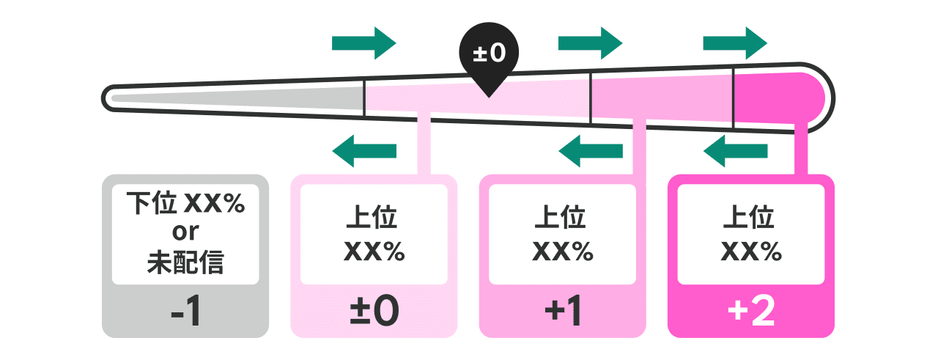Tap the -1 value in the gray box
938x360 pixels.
[185, 312]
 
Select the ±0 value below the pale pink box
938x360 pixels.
[374, 312]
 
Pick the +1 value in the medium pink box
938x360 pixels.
[562, 312]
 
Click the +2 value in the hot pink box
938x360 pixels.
[751, 312]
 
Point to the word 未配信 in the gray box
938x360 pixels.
[185, 262]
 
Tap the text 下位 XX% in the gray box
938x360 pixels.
[185, 203]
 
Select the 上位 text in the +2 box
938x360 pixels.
[751, 218]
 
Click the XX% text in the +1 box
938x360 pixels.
[562, 251]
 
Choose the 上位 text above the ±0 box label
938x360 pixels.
[374, 218]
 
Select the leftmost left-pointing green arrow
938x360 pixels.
[364, 151]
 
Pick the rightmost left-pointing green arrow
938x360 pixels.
[735, 151]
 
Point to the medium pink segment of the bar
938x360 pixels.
[660, 98]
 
